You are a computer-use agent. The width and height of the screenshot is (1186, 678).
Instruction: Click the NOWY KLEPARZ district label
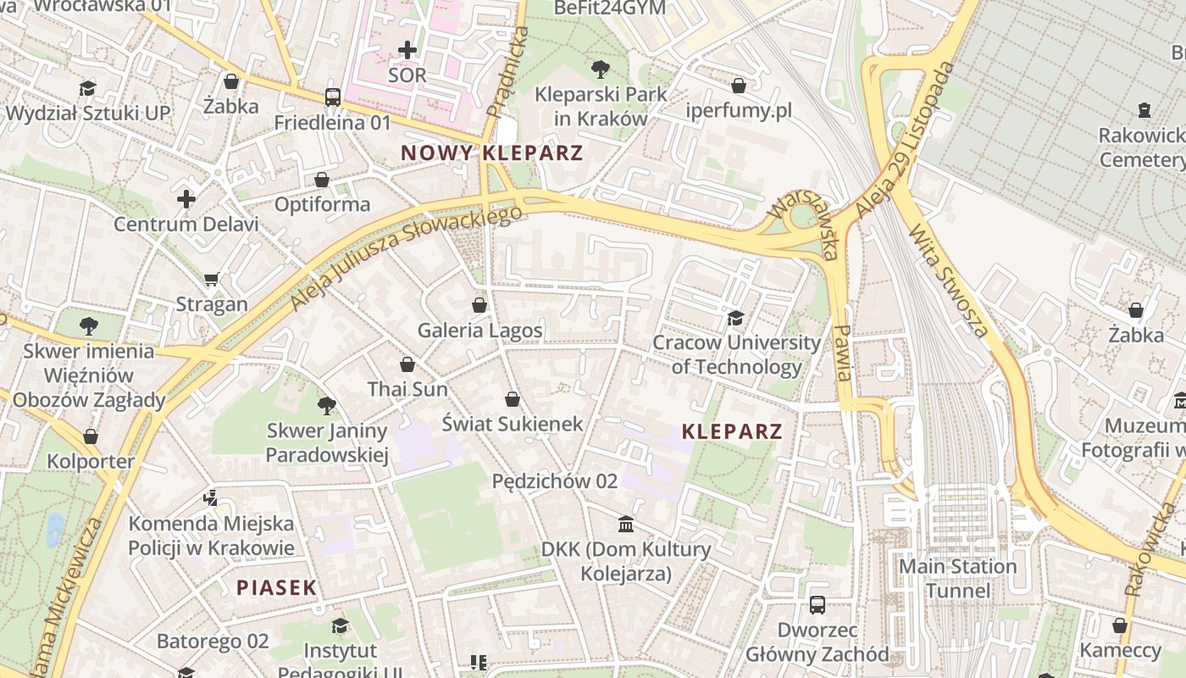[x=491, y=153]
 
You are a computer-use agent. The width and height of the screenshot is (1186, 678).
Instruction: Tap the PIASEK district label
[x=276, y=587]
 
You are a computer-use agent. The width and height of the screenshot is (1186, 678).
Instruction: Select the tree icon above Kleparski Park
[x=601, y=69]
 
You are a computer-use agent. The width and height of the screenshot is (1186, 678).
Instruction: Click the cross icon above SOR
[x=407, y=50]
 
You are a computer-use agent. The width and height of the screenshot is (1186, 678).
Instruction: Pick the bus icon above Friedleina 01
[x=333, y=97]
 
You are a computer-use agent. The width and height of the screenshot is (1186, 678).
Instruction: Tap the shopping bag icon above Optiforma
[x=322, y=180]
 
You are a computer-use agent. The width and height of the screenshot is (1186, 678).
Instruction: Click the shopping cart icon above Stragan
[x=212, y=279]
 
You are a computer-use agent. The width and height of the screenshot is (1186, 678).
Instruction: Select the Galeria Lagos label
[x=479, y=330]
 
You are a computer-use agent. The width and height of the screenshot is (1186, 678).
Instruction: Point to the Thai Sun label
[x=407, y=389]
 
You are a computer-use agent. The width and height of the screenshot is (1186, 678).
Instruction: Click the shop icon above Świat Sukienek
[x=513, y=398]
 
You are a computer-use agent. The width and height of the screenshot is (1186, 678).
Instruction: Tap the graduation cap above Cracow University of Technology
[x=735, y=318]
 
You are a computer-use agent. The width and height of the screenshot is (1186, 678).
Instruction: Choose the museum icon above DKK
[x=626, y=525]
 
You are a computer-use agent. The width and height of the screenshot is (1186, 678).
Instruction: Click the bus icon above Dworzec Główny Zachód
[x=817, y=605]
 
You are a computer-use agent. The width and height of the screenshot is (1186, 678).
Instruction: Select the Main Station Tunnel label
[x=957, y=578]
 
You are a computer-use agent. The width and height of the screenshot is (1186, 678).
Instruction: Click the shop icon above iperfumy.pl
[x=739, y=86]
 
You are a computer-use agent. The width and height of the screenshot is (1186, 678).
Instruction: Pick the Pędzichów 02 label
[x=555, y=481]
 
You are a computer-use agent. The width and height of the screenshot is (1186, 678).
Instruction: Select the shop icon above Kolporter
[x=91, y=437]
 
